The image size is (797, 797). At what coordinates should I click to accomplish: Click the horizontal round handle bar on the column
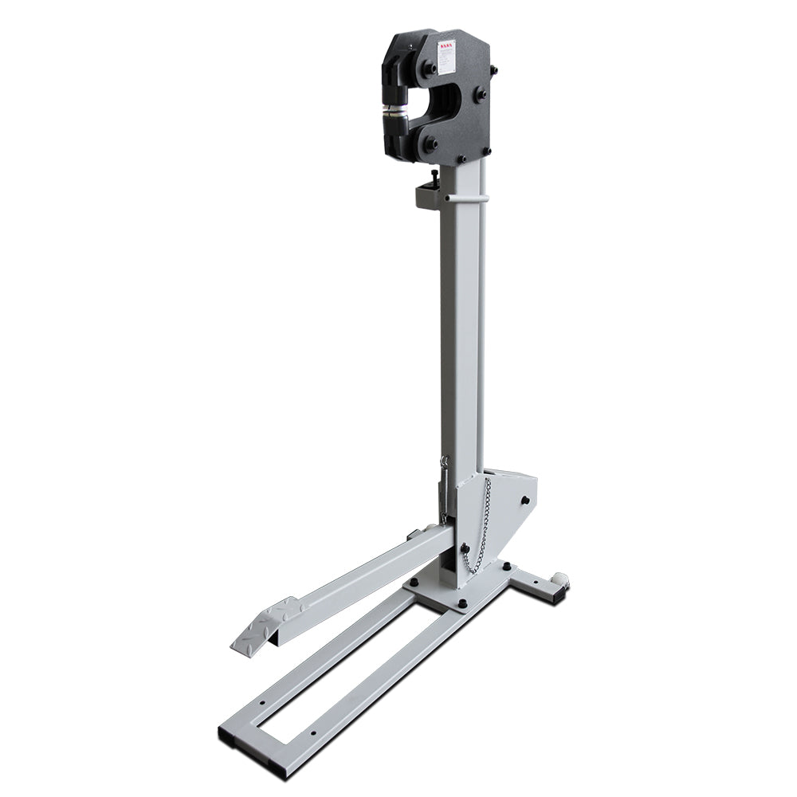click(x=465, y=197)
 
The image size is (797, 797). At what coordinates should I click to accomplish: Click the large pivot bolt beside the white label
click(x=430, y=69)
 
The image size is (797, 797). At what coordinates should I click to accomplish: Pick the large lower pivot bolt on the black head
click(x=430, y=145)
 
